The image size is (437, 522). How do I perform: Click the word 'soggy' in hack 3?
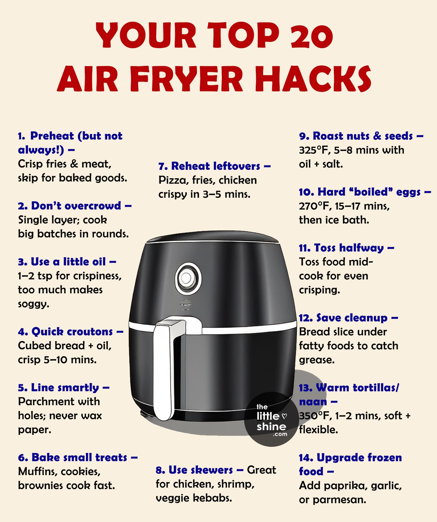33,304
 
